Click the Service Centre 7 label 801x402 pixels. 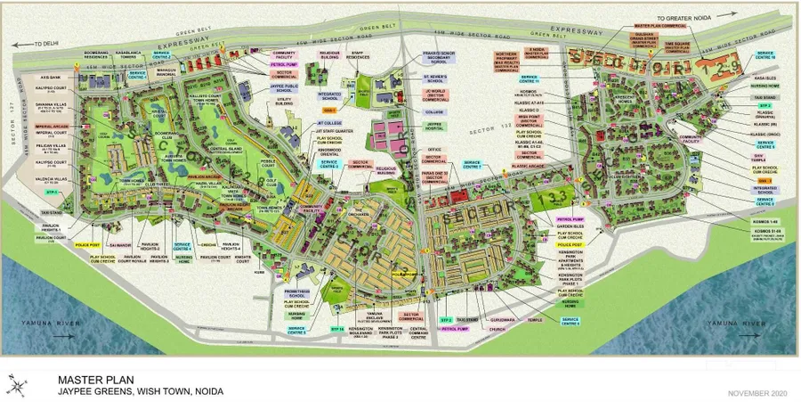pyautogui.click(x=473, y=164)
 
